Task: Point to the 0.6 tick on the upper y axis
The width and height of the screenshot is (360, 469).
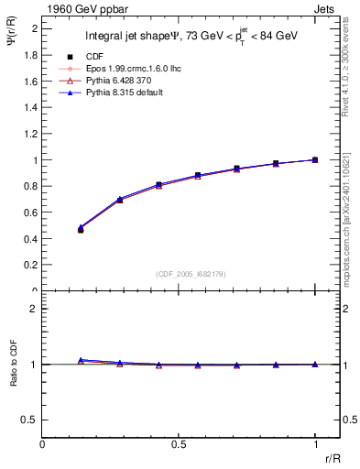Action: (x=34, y=213)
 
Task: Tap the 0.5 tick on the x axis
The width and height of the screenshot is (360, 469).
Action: (x=179, y=444)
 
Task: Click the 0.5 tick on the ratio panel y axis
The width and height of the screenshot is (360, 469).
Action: (x=32, y=420)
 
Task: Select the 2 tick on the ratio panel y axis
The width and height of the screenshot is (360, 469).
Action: (x=36, y=309)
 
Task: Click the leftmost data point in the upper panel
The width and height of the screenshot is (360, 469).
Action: (x=81, y=229)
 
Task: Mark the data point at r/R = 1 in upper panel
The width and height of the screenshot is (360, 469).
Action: (x=315, y=159)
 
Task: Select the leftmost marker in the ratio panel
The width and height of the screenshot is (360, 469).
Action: (x=81, y=360)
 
